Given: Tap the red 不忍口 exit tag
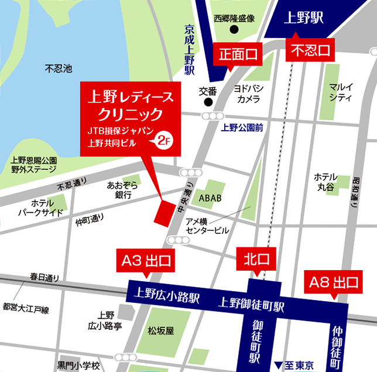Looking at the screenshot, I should click(x=310, y=50).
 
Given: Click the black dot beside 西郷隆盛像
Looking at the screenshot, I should click(x=234, y=30).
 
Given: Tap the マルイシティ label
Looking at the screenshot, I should click(x=341, y=93).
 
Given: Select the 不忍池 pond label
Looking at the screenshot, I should click(x=58, y=69).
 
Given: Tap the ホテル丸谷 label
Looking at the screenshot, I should click(x=325, y=182).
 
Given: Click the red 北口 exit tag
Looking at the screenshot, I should click(x=256, y=258).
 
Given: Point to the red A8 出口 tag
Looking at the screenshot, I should click(x=333, y=283).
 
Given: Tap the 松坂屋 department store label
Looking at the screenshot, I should click(x=161, y=330).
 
